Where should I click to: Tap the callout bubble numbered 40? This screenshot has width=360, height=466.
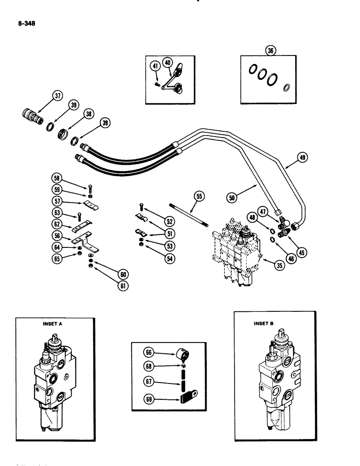168,62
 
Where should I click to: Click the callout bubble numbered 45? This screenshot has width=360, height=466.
302,253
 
